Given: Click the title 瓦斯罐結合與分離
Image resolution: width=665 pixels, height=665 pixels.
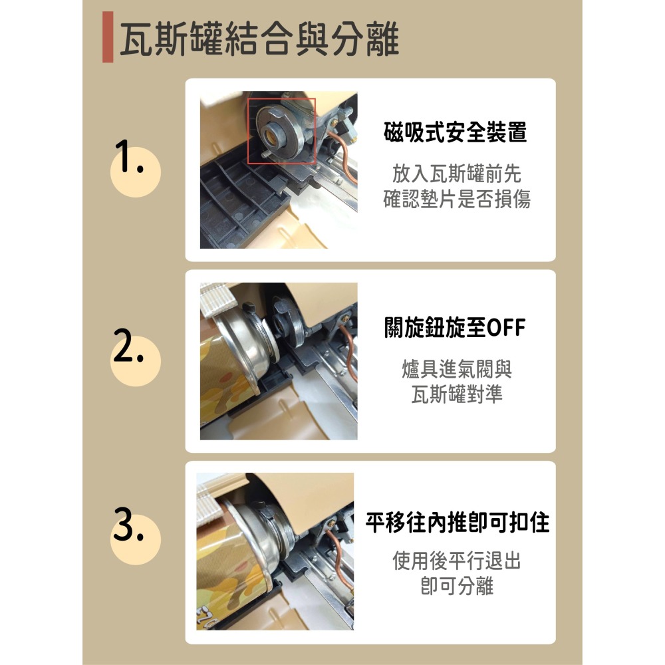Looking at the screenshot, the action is tap(259, 39).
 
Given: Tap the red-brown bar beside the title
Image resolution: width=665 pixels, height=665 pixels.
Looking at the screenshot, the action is tap(108, 37).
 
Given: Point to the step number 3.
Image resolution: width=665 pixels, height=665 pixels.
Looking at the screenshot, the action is tap(128, 524).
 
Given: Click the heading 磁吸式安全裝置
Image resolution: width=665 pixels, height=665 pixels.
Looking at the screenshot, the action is tap(455, 132).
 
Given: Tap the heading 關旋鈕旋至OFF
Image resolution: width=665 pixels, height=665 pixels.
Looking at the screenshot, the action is tap(455, 327).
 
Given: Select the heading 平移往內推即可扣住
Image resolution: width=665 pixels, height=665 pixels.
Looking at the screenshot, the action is tap(458, 523).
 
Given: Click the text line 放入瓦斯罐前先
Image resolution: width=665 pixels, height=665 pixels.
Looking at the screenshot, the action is tap(456, 174).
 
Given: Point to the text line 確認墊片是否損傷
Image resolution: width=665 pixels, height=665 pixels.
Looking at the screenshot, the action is tap(456, 198).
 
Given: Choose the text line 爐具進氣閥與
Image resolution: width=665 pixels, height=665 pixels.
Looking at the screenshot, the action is tap(457, 369).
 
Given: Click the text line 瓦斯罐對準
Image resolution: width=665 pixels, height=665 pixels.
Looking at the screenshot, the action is tap(457, 394).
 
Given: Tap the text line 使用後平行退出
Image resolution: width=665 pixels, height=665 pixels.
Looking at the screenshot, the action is tap(457, 561).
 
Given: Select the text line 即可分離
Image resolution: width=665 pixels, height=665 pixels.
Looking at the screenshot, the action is tap(457, 586).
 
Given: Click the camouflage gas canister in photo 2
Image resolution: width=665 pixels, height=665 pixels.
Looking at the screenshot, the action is tap(229, 382).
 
